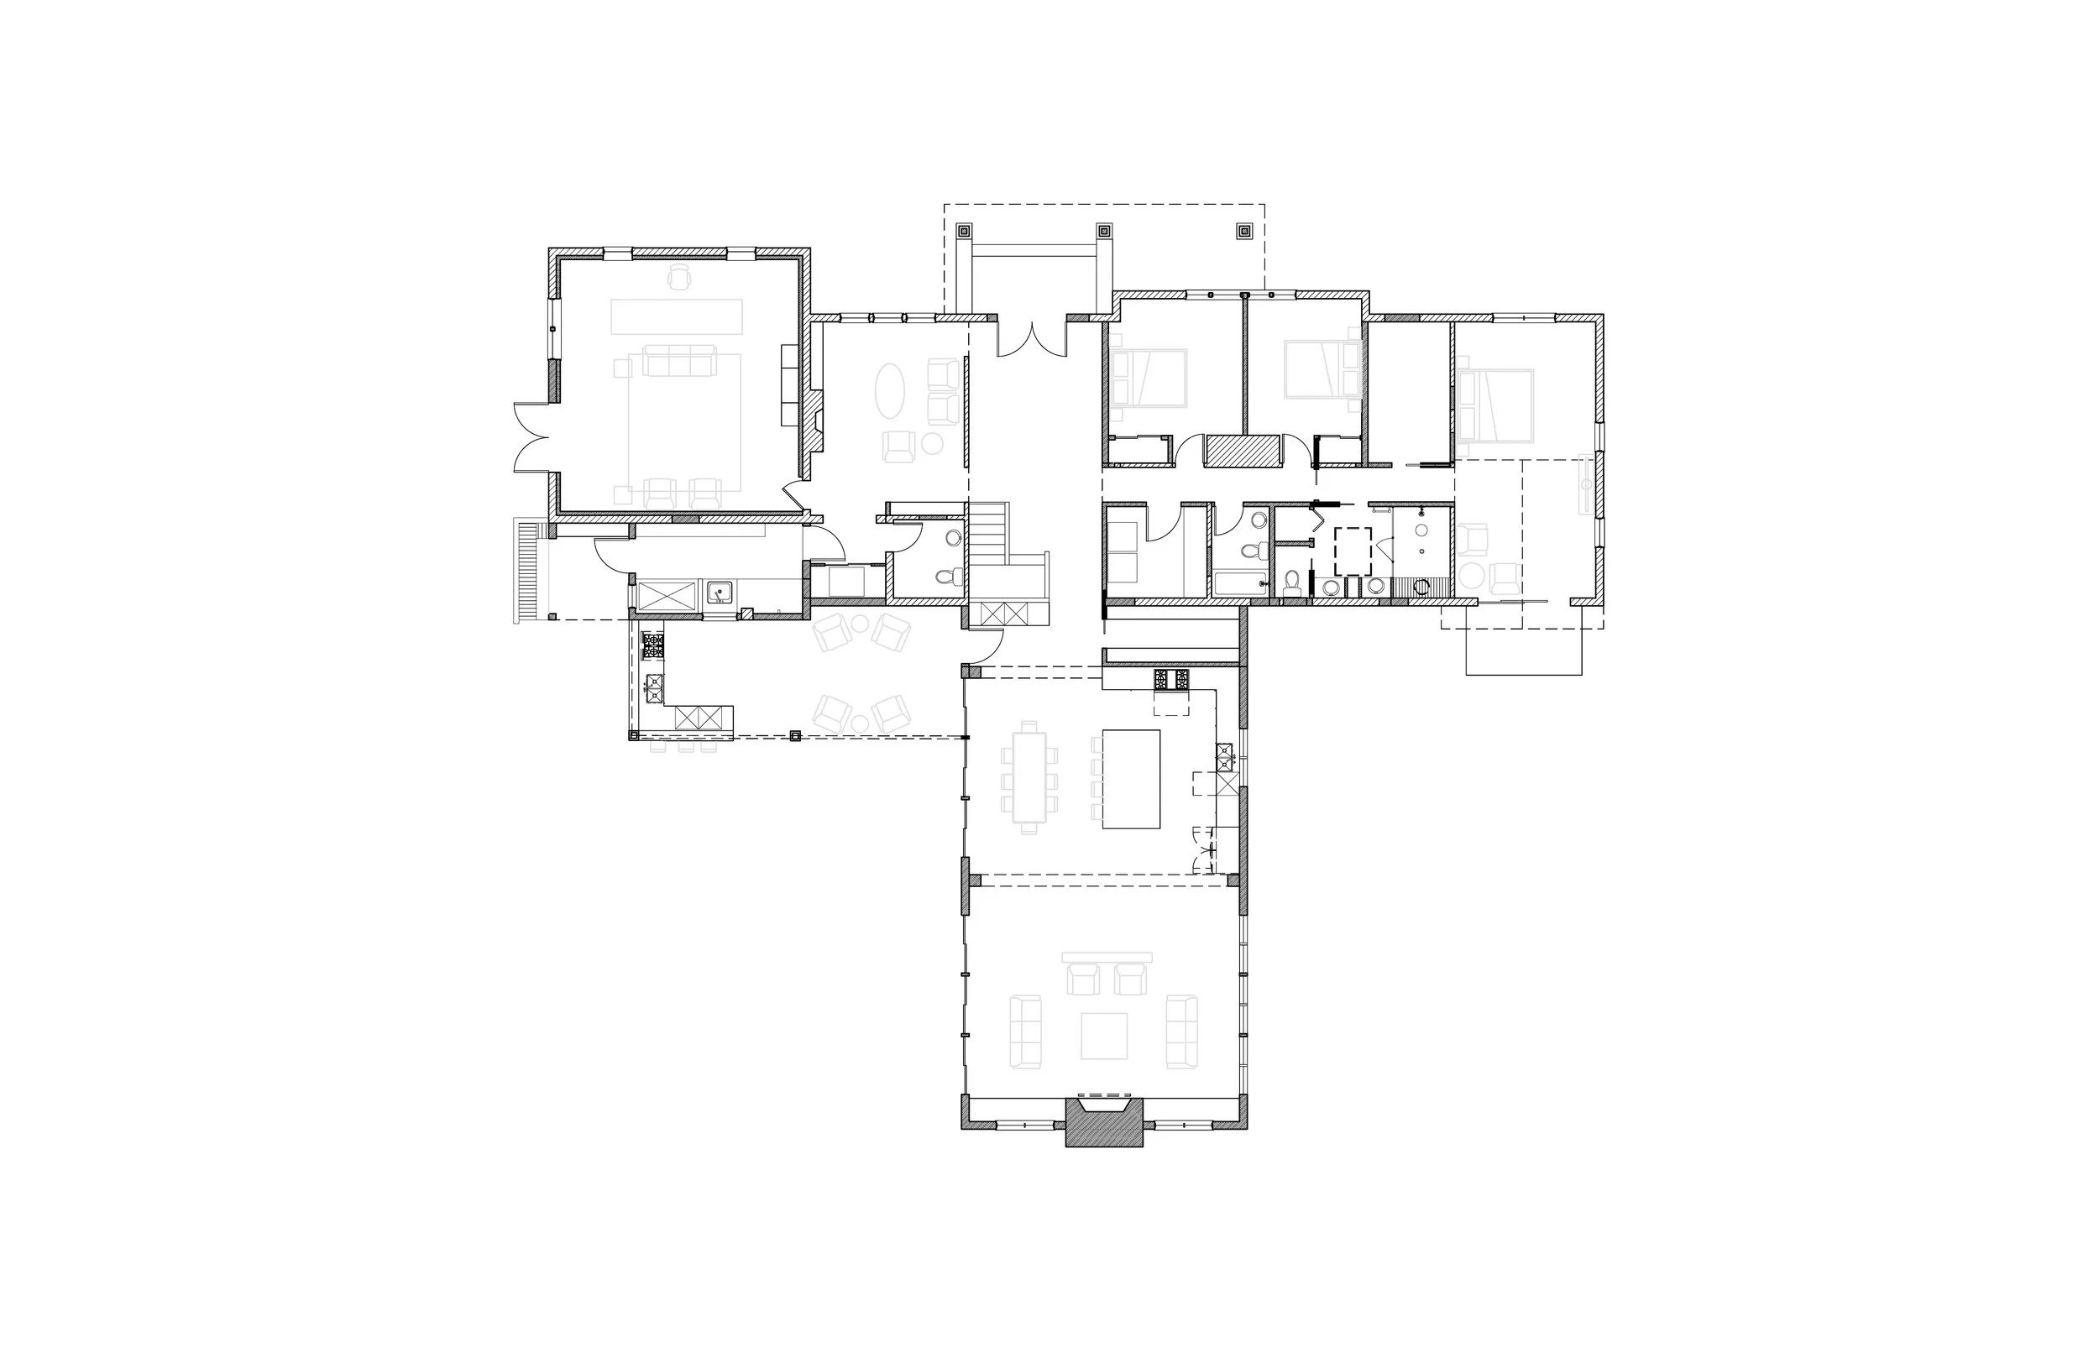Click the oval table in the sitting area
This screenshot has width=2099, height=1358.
889,390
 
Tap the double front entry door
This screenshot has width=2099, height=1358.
1032,339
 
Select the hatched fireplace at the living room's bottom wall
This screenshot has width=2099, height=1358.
1104,1125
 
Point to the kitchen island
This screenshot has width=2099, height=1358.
1131,779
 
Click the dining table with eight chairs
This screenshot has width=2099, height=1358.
1029,777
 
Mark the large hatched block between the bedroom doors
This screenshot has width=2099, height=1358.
1241,451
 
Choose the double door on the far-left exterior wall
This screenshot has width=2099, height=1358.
531,437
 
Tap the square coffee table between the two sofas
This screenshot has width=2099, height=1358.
1103,1037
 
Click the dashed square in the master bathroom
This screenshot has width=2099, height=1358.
1352,551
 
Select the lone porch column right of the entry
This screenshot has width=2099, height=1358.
1243,232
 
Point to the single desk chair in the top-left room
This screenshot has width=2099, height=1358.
678,277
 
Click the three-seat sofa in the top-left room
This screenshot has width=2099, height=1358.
678,361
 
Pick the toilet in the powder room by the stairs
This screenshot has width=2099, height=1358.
949,577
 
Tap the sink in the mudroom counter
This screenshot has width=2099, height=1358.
720,591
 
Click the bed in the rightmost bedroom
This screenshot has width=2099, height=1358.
1497,405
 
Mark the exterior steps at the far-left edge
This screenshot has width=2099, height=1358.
526,572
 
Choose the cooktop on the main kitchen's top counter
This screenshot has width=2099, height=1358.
1171,679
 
